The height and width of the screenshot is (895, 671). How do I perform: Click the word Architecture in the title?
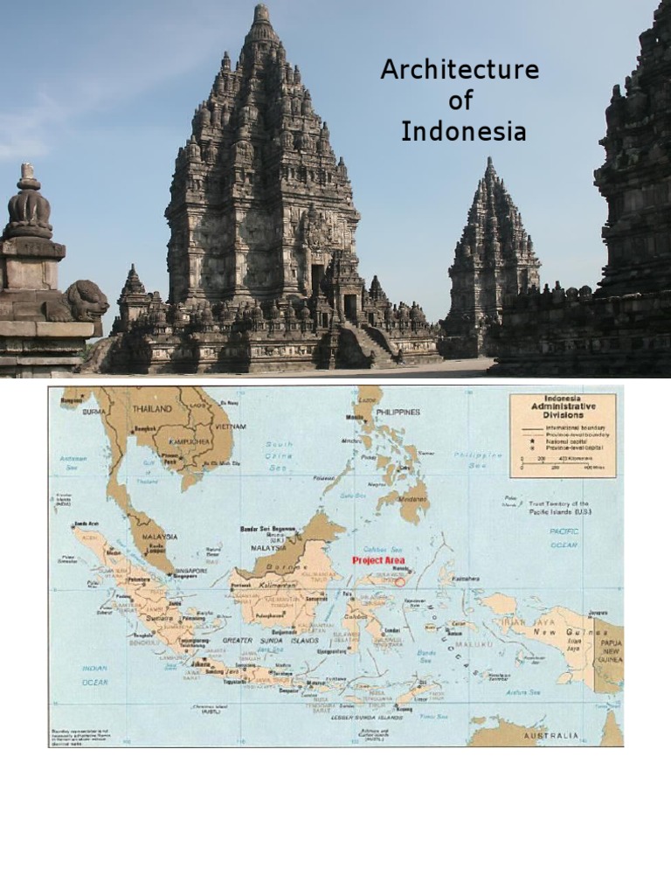[460, 71]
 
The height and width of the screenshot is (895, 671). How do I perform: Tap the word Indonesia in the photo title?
[463, 132]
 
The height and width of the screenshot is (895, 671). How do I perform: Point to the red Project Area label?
[378, 560]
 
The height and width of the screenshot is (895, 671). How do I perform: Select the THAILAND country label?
[152, 408]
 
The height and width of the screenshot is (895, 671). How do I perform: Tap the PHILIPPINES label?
[398, 411]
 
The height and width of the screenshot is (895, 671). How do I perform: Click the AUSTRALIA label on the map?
[550, 736]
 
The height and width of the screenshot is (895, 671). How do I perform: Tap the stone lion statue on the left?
[80, 302]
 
